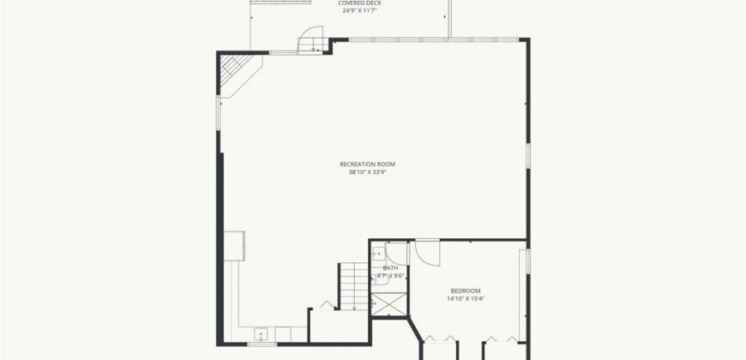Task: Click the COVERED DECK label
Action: [x=360, y=3]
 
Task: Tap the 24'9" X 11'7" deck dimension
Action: [x=360, y=11]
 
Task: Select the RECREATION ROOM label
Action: [x=367, y=164]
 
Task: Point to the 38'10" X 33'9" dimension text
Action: [x=367, y=172]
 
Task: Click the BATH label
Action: [x=389, y=268]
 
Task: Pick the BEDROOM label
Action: [x=465, y=291]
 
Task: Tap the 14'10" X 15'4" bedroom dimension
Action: [x=465, y=299]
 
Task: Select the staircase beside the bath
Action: [x=353, y=286]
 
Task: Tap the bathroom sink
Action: [x=378, y=254]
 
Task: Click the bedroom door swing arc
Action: [x=427, y=252]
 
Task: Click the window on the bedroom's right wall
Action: [x=529, y=258]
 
